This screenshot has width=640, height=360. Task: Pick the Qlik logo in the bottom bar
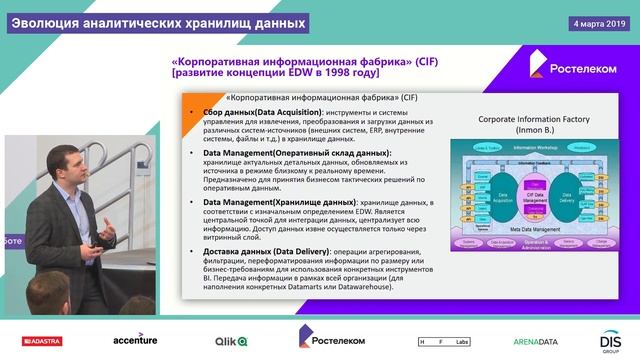[232, 341]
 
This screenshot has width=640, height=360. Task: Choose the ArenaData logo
[534, 341]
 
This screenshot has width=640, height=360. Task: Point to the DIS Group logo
[611, 340]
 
